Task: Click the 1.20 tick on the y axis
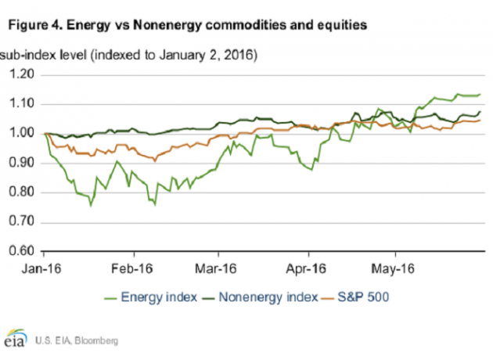(23, 75)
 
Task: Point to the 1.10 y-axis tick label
(23, 104)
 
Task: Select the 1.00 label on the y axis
(23, 134)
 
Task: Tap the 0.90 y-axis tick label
(23, 164)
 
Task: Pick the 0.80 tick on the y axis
(23, 193)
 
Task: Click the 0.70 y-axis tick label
(23, 222)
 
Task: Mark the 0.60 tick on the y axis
(23, 252)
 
